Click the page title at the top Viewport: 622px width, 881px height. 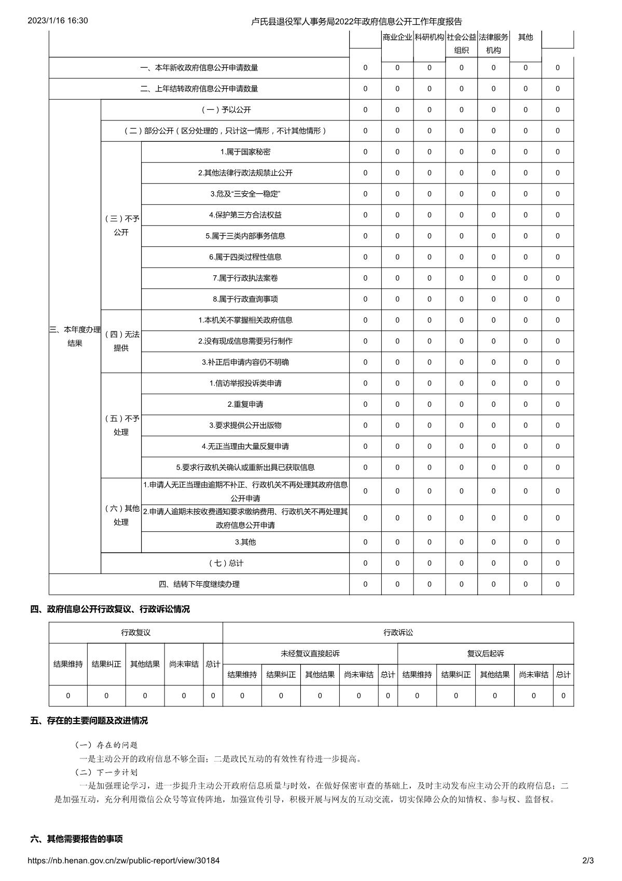[356, 21]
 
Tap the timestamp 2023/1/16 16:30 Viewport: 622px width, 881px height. [58, 21]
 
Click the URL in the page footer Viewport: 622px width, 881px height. [123, 860]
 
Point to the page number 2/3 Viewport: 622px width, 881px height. [588, 860]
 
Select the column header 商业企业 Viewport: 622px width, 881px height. [397, 37]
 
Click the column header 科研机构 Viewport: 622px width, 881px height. [429, 37]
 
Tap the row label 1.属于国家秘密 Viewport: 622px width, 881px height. [245, 152]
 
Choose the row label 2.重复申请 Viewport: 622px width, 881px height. [245, 404]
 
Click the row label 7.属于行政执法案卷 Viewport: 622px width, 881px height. [245, 278]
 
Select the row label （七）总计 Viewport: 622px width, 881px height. [225, 563]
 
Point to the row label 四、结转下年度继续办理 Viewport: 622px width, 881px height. [199, 584]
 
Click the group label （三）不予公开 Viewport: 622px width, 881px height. [121, 225]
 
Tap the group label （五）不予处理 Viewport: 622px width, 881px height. [121, 425]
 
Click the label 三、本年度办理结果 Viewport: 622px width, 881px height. [75, 336]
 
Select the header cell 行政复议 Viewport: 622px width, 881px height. [136, 632]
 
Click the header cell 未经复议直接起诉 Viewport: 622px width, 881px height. [310, 653]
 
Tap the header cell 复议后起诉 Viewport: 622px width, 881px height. [486, 653]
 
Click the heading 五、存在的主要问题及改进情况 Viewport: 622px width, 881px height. [89, 720]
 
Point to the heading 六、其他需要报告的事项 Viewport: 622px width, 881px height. [77, 839]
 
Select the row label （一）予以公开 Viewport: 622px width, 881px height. [225, 110]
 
